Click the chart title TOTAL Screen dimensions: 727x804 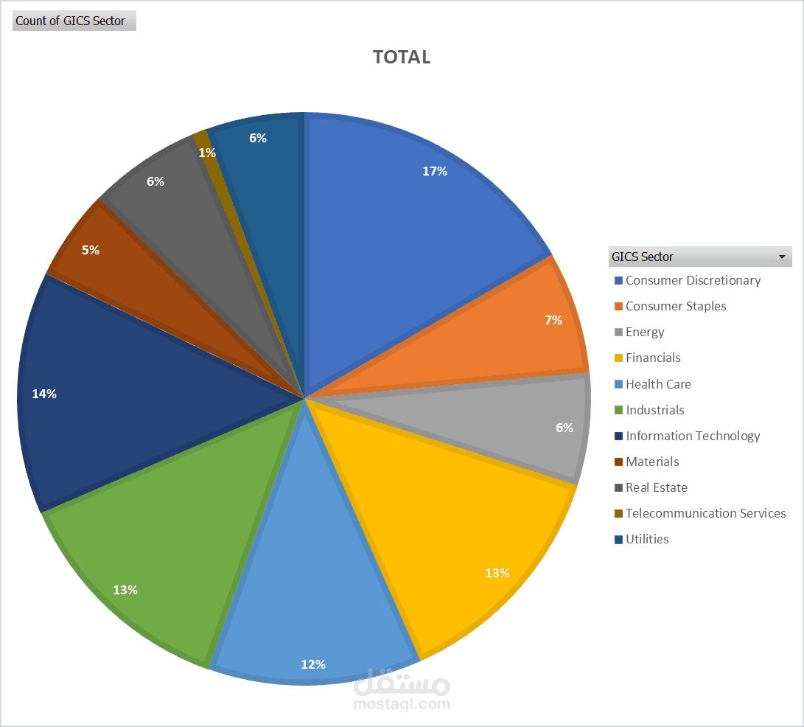point(402,58)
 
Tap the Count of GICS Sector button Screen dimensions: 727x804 point(74,21)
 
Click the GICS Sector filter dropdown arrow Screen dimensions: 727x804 point(781,257)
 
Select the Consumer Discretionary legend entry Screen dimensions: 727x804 point(693,280)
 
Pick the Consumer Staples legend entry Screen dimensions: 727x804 point(676,306)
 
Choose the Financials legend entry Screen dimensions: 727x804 point(653,358)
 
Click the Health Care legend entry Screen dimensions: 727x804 point(658,384)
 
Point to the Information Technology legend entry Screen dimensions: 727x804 point(693,436)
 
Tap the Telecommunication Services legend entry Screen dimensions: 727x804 point(705,513)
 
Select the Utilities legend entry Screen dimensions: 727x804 point(647,539)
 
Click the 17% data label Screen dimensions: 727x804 point(435,171)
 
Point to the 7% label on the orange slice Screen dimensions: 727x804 point(553,320)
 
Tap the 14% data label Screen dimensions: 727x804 point(44,394)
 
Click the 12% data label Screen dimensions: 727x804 point(313,664)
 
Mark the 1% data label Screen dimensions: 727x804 point(207,153)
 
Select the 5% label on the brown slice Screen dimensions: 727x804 point(91,250)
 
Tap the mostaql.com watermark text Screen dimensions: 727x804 point(402,704)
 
